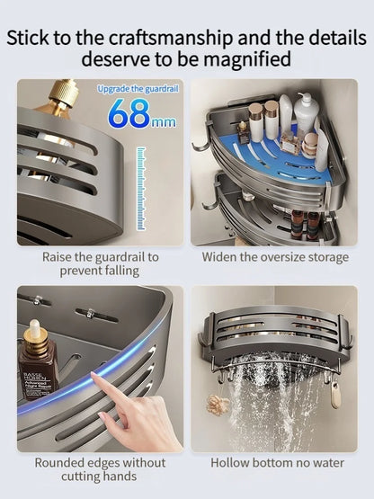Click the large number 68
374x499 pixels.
(x=129, y=114)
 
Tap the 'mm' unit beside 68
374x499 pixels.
(x=163, y=120)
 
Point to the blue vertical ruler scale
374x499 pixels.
(x=140, y=190)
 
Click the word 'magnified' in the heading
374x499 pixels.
(x=245, y=59)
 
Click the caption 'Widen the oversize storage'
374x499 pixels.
(x=275, y=257)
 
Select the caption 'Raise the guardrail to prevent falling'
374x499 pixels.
(x=100, y=264)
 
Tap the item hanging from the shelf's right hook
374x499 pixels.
(x=335, y=392)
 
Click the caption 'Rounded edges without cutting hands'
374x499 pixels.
(x=100, y=469)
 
